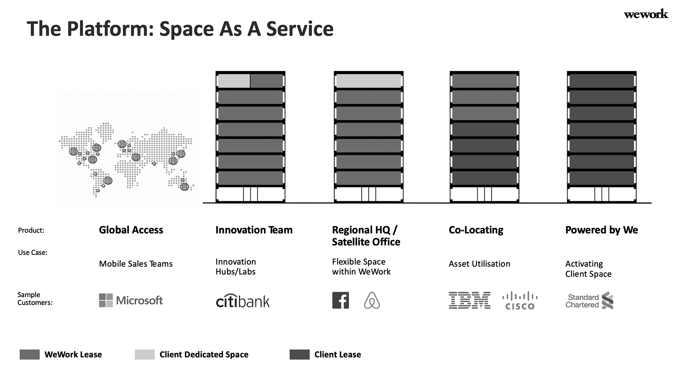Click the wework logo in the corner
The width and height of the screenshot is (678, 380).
point(646,14)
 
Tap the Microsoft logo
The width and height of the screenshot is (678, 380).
point(131,300)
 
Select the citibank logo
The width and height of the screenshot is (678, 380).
point(243,301)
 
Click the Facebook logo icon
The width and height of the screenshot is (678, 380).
point(341,301)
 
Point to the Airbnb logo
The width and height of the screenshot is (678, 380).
point(372,301)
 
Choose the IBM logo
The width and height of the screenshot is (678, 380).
point(470,300)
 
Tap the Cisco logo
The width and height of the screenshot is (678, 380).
point(520,301)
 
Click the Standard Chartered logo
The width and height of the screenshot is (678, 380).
point(590,301)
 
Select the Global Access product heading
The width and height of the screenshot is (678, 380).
point(131,230)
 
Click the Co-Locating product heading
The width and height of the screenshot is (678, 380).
point(476,230)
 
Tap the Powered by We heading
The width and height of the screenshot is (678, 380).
point(602,230)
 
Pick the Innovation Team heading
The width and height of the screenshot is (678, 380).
point(254,230)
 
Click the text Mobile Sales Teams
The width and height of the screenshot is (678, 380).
point(136,264)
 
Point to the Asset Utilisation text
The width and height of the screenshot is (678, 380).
point(479,264)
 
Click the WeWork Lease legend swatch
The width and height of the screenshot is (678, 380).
point(29,355)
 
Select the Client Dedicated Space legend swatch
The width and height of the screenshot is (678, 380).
point(145,355)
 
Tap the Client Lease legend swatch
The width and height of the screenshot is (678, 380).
point(300,355)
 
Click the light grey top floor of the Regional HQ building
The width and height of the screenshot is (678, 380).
point(368,81)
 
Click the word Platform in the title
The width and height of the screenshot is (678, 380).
point(111,29)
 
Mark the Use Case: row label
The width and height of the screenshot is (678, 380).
point(33,252)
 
